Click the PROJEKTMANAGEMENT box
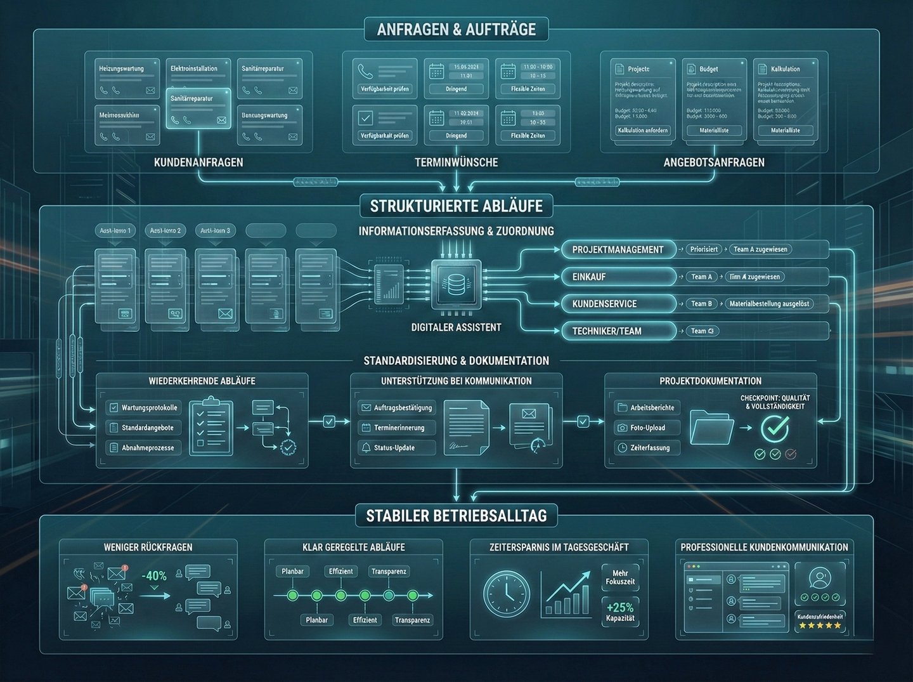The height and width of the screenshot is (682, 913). (618, 249)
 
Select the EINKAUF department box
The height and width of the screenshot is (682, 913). (618, 277)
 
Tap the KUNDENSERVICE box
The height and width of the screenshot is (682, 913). (618, 304)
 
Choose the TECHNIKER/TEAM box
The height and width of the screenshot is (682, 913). (618, 331)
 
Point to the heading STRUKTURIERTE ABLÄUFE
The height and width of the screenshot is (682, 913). (456, 206)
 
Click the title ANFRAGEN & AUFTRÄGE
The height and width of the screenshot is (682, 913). (456, 29)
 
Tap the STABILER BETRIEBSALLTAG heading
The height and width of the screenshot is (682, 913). (456, 515)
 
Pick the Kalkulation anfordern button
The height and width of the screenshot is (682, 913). (642, 131)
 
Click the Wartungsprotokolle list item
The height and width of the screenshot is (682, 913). (143, 407)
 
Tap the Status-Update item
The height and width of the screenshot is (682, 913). (396, 448)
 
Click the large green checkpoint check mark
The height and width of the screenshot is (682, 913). (774, 428)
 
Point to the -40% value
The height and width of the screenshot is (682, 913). (154, 576)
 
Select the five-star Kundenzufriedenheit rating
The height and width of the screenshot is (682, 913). (820, 626)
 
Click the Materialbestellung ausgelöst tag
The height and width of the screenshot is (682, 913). (768, 304)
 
